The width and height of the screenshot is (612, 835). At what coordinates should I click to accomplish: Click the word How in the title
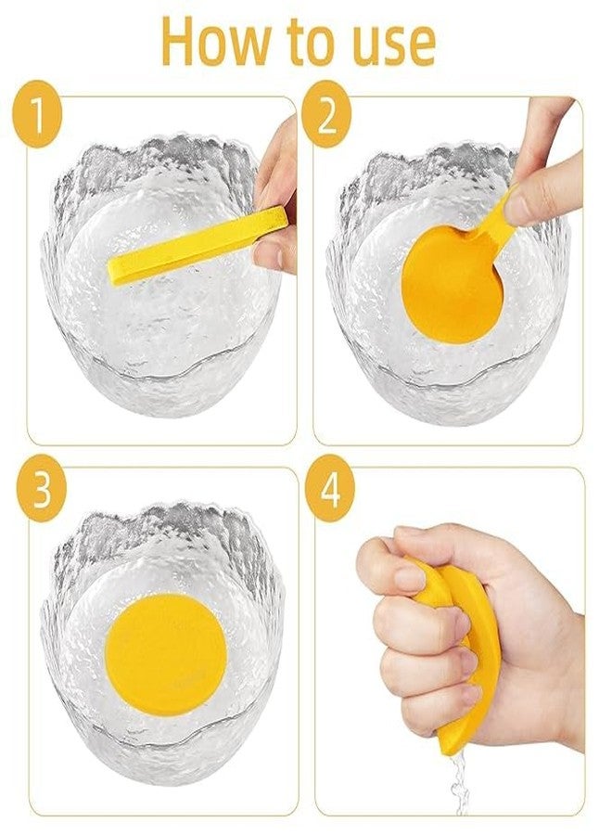(x=214, y=42)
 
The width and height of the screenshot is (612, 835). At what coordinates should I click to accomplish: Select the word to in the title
(x=301, y=43)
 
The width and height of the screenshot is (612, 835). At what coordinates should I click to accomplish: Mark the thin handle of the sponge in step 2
(x=497, y=219)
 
